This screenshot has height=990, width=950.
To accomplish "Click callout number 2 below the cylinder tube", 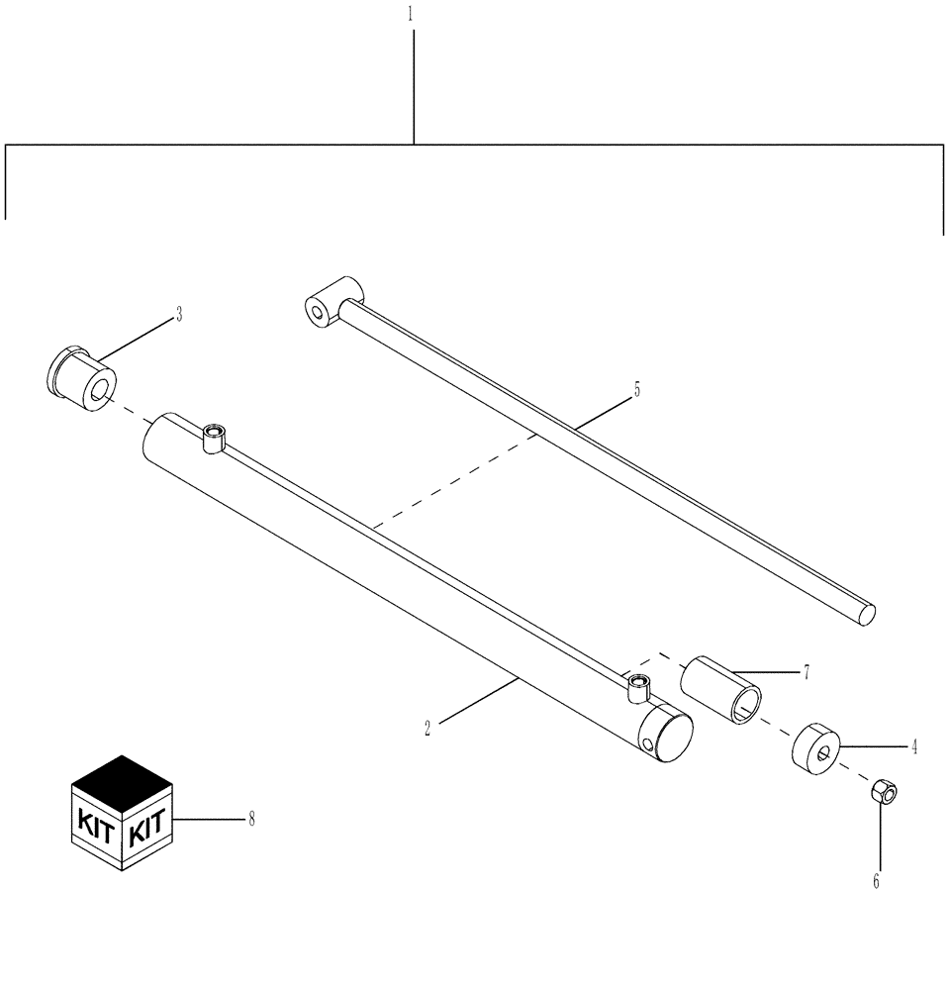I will tap(427, 728).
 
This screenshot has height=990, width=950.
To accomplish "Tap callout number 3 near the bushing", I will tap(178, 315).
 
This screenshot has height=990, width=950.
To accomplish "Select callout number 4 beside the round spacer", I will tap(913, 746).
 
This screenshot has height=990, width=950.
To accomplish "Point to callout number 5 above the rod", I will tap(636, 389).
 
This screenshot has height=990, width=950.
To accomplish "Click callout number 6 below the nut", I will tap(875, 880).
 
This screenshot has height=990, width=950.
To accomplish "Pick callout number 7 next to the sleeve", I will tap(807, 672).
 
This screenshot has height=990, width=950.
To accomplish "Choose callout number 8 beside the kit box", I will tap(251, 819).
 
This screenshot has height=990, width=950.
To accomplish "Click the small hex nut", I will tap(883, 792).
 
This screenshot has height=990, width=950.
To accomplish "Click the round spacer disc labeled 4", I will tap(815, 750).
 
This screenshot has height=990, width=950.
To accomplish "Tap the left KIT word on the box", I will tap(96, 821).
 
